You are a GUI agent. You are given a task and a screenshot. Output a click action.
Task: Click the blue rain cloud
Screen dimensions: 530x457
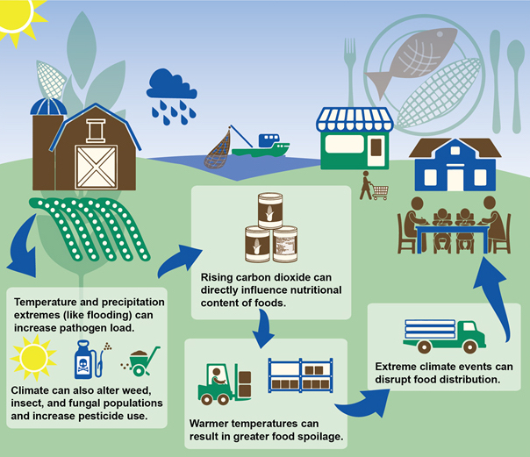[x=171, y=84]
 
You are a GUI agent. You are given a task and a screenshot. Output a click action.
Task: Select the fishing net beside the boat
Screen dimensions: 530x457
[x=218, y=149]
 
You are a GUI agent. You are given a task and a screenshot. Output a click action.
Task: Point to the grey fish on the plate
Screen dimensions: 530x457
[x=412, y=58]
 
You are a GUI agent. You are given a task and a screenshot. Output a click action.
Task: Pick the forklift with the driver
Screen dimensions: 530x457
[x=224, y=384]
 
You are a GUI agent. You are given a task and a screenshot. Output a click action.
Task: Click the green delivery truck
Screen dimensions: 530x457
[x=445, y=337]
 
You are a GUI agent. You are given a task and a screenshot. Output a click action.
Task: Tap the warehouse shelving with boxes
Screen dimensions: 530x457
[x=300, y=375]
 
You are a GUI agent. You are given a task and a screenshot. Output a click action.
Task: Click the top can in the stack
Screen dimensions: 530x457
[x=270, y=211]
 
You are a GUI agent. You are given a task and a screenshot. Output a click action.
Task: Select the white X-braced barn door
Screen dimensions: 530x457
[x=97, y=168]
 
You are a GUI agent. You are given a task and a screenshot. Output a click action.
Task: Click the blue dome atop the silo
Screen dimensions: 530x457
[x=48, y=106]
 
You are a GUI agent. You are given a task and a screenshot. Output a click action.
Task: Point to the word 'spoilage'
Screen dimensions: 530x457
[x=320, y=437]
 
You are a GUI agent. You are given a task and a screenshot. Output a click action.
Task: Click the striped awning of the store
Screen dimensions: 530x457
[x=355, y=119]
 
